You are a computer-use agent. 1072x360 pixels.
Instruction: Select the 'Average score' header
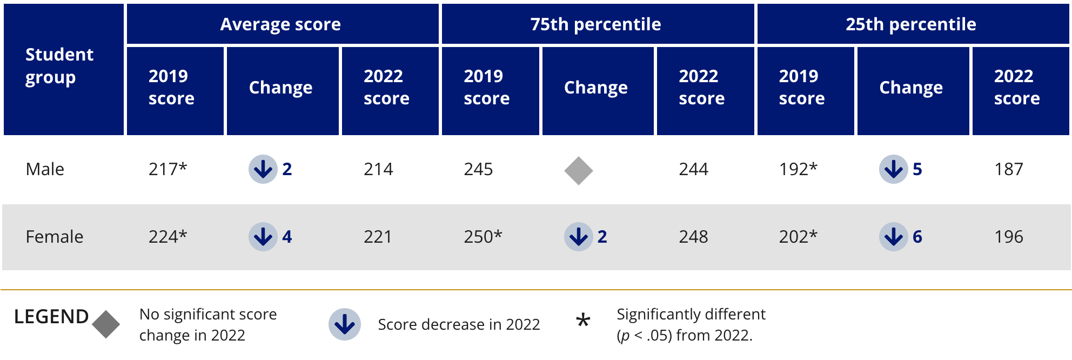[x=280, y=24]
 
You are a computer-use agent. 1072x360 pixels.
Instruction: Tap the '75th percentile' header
[x=595, y=24]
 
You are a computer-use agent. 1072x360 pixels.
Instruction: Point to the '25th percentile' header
[x=911, y=24]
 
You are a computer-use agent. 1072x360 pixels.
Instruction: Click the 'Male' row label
[x=45, y=169]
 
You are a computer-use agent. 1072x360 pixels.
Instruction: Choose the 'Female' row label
[x=54, y=237]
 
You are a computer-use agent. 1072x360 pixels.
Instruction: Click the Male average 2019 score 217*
[x=167, y=169]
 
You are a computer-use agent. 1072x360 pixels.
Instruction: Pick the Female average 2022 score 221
[x=378, y=237]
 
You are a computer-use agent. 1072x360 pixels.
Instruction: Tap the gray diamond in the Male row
[x=578, y=171]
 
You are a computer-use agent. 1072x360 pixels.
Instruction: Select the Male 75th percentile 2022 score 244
[x=693, y=169]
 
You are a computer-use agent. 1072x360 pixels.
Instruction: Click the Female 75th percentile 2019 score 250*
[x=483, y=237]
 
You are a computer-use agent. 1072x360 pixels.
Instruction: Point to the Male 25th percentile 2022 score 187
[x=1008, y=169]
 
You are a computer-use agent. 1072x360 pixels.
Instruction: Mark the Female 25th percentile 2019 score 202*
[x=798, y=237]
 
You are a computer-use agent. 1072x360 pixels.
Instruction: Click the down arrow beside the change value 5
[x=893, y=169]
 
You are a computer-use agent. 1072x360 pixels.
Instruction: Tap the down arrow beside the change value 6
[x=893, y=237]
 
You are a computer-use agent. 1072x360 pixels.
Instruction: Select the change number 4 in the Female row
[x=287, y=237]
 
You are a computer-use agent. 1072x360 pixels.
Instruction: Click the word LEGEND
[x=51, y=317]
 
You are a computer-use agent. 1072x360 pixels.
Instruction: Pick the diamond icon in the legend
[x=106, y=324]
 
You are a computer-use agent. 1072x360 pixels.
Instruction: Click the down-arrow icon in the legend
[x=345, y=324]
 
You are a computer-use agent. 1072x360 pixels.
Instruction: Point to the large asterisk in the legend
[x=583, y=321]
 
